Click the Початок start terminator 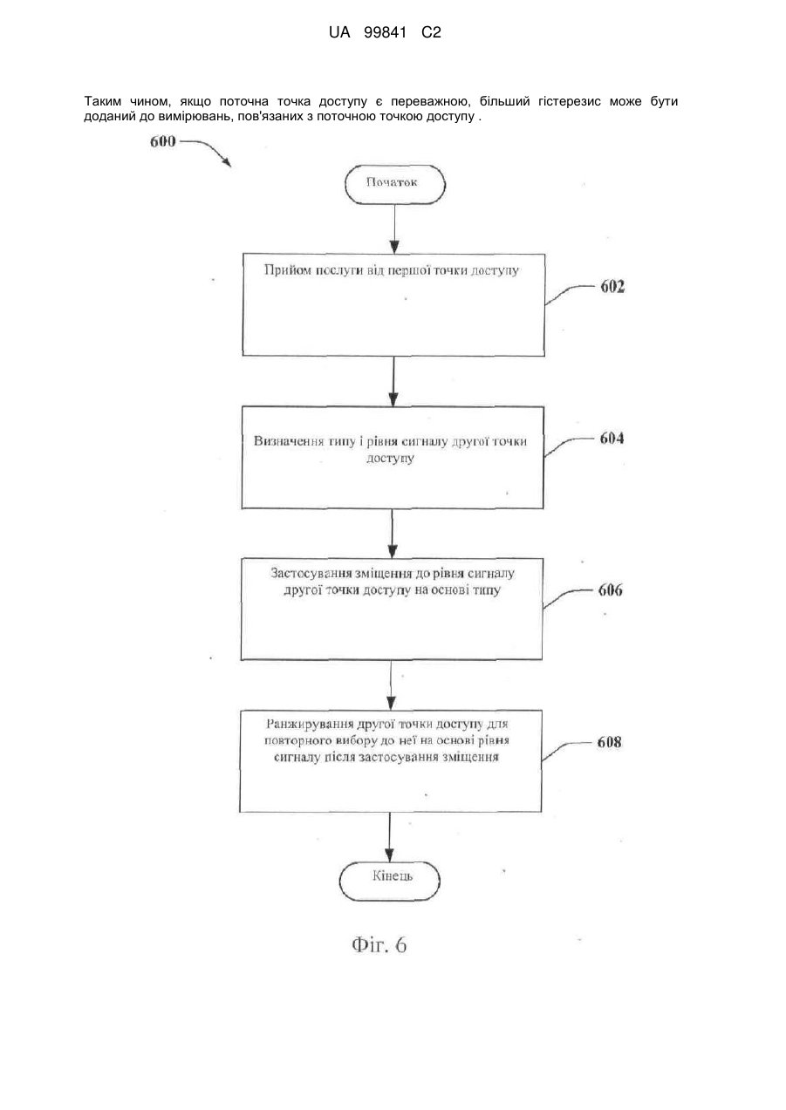coord(395,184)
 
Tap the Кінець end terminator coord(390,881)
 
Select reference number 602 coord(612,286)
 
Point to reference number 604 coord(612,438)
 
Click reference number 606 coord(611,589)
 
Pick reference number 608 coord(610,742)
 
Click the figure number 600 coord(163,142)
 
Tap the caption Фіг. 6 coord(379,945)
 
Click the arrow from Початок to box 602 coord(394,229)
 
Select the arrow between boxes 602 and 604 coord(393,381)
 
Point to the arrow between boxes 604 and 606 coord(393,533)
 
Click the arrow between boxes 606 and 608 coord(392,684)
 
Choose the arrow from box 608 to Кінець coord(389,837)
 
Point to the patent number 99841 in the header coord(385,33)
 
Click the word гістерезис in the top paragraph coord(570,102)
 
